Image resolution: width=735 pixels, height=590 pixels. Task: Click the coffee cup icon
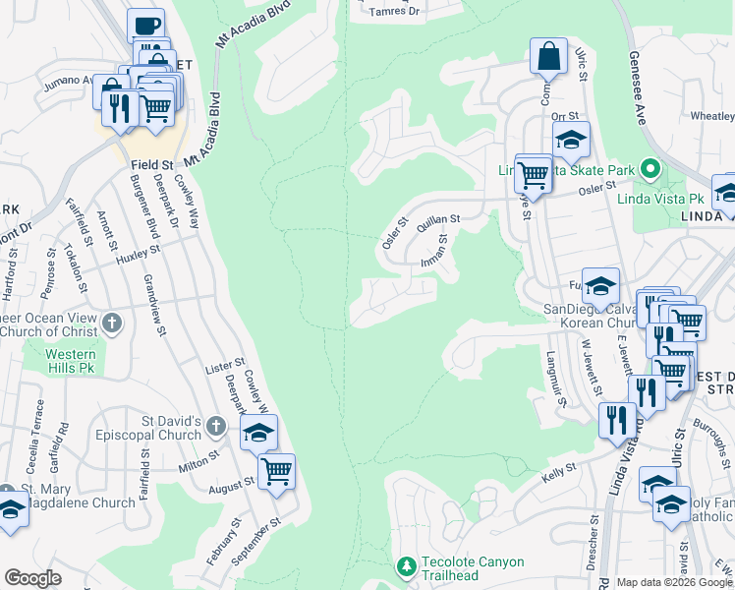145,26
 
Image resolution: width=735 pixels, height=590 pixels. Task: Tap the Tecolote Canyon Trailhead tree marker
406,566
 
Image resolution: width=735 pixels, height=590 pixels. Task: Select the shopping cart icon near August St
276,470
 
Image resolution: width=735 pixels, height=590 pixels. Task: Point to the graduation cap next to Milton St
257,432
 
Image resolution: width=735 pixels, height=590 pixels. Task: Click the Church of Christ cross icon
112,322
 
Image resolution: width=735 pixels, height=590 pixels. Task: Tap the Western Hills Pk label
72,361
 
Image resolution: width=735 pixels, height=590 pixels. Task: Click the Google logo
32,578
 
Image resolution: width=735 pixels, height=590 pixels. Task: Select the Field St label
150,166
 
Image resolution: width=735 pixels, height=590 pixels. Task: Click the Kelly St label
559,476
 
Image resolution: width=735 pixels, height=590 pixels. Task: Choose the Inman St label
434,250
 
